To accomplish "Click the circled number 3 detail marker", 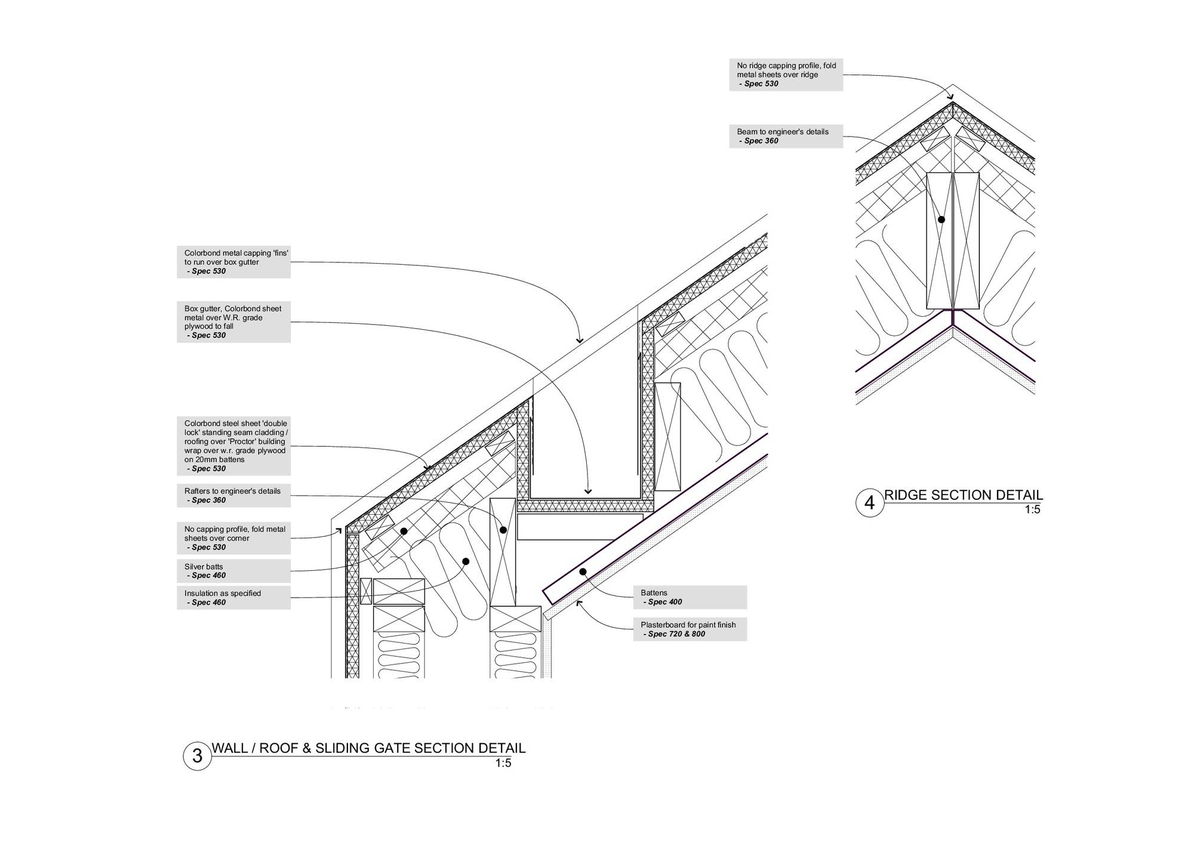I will coord(197,756).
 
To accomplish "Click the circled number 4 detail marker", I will coord(869,503).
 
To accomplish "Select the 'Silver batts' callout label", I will coord(233,571).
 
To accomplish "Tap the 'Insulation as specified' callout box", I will coord(233,598).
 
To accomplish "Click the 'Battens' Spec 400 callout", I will coord(690,597).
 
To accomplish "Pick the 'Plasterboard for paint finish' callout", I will coord(690,629).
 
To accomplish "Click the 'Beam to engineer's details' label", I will coord(786,136).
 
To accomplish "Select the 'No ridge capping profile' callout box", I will coord(786,75).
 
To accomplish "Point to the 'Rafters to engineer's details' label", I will coord(233,495).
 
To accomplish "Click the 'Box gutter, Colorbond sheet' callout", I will coord(233,322).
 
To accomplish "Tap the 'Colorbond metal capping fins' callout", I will coord(233,262).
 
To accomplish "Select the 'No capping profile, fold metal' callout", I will coord(233,538).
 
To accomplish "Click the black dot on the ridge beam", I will coord(941,219).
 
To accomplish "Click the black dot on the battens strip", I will coord(583,571).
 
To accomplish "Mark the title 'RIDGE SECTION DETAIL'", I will coord(964,495).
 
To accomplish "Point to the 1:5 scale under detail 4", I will coord(1033,510).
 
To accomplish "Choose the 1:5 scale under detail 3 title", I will coord(503,763).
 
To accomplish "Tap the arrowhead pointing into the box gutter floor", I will coord(588,491).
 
